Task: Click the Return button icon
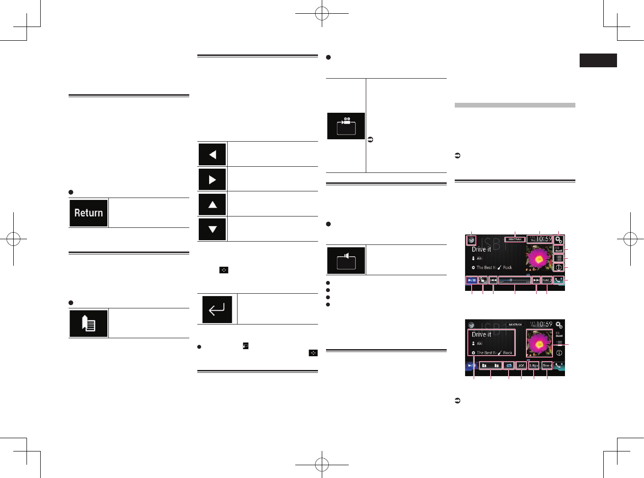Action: point(88,213)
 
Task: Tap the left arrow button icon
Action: point(212,154)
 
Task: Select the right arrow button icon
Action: point(212,180)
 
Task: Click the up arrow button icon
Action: point(212,205)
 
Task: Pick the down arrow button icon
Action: point(212,229)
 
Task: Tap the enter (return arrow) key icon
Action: point(217,309)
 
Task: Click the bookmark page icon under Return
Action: point(88,324)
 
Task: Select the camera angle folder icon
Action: point(346,126)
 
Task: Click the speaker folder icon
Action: point(346,260)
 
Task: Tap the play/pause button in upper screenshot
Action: point(471,280)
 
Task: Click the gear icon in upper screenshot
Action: point(559,240)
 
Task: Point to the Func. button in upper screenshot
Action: point(547,280)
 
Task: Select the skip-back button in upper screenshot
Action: point(493,280)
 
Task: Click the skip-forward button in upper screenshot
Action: point(536,280)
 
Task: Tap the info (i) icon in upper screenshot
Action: point(559,268)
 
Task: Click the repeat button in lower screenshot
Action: point(509,366)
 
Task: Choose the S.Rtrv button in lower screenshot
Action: point(534,366)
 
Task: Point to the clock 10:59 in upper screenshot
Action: point(540,239)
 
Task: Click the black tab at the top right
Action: point(598,61)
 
